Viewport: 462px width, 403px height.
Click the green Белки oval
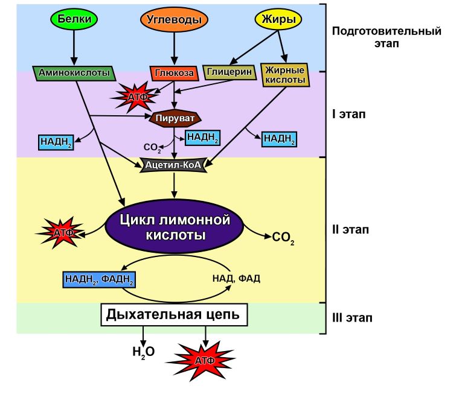(x=75, y=19)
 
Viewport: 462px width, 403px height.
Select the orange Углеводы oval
(x=175, y=19)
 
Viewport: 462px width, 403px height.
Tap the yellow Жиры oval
(x=279, y=19)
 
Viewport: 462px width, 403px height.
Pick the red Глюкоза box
(x=174, y=74)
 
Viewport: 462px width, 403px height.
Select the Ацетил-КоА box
(x=174, y=164)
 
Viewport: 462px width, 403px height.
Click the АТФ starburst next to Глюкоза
(x=134, y=97)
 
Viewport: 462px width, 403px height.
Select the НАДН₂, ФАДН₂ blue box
(x=98, y=279)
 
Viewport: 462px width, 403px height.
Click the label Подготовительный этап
(x=387, y=37)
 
